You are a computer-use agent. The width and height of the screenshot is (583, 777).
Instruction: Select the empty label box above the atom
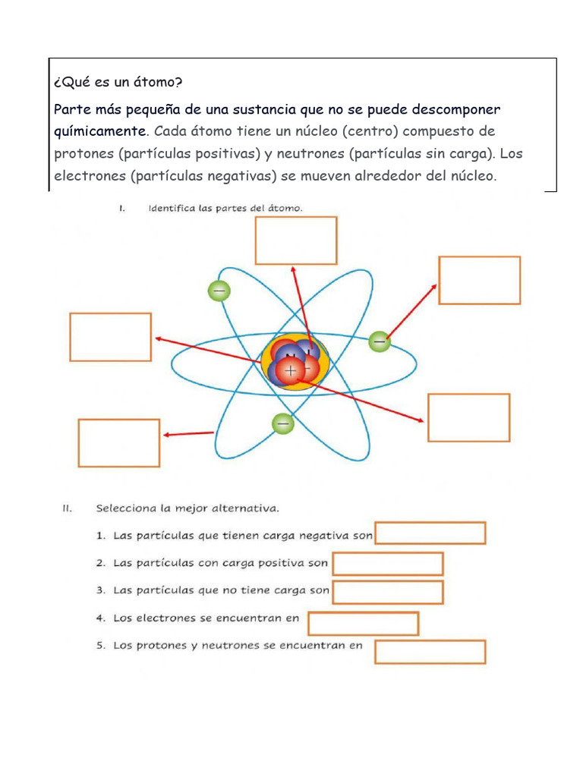click(296, 241)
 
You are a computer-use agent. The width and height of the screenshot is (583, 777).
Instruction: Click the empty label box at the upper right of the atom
click(480, 280)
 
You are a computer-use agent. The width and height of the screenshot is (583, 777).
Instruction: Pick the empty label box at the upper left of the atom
click(111, 337)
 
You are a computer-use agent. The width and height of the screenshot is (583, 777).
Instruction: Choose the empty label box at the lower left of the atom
click(119, 442)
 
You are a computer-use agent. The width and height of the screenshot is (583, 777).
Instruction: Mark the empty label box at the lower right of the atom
click(469, 417)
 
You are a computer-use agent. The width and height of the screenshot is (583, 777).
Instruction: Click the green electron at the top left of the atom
click(219, 291)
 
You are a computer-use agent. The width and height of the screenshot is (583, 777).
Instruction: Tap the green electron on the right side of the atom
click(380, 342)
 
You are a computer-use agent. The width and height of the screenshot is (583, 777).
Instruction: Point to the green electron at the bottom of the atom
click(282, 423)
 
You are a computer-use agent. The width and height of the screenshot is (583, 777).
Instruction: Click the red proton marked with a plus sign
click(289, 371)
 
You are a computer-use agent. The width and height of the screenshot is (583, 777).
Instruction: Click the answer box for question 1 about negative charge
click(430, 533)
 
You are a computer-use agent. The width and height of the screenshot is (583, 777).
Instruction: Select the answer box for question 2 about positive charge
click(388, 564)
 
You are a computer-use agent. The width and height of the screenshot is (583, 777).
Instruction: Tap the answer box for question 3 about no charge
click(388, 592)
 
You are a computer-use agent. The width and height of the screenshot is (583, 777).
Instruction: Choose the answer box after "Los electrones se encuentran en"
click(364, 623)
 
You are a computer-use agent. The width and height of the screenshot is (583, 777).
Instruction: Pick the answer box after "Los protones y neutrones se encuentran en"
click(430, 652)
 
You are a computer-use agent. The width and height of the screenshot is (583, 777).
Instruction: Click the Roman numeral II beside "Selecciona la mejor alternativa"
click(67, 508)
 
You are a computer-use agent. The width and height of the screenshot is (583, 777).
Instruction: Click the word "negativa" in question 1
click(325, 536)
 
